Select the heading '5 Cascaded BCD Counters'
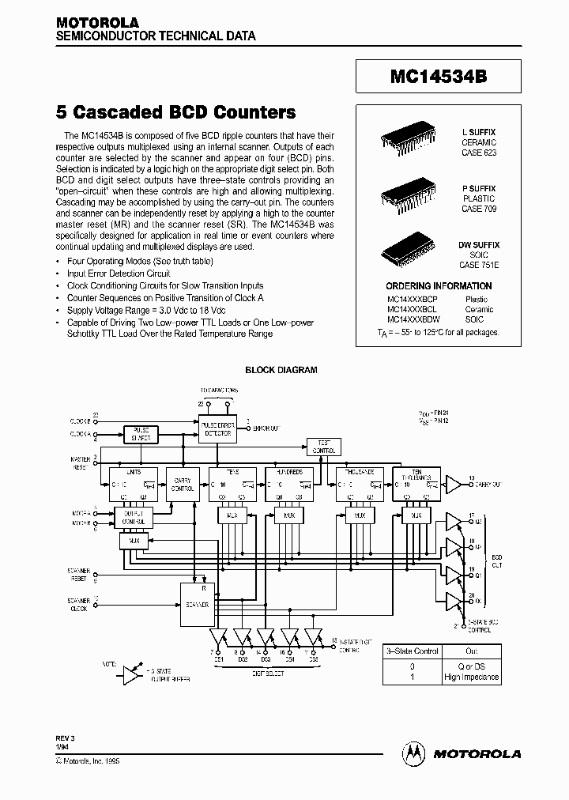[175, 112]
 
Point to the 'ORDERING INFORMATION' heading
[439, 286]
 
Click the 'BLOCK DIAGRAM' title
[281, 370]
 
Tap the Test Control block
[324, 447]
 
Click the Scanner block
[197, 605]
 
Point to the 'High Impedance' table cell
[472, 677]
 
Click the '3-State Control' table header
[411, 651]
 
